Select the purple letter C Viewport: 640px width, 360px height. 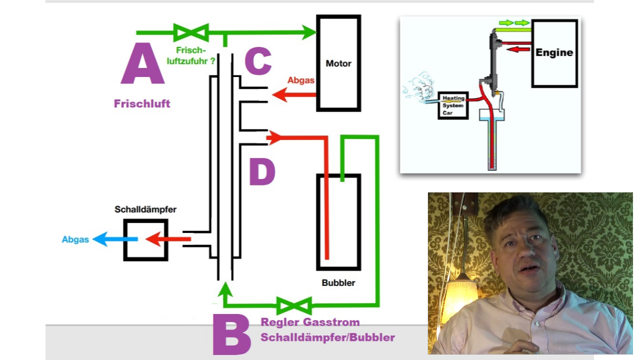(x=258, y=61)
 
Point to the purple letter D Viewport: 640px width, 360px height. (x=262, y=171)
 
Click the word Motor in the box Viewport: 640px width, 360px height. (x=338, y=63)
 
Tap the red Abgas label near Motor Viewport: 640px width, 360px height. (x=300, y=80)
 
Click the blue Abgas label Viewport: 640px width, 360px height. (x=75, y=239)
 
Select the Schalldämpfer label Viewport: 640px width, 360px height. (x=145, y=209)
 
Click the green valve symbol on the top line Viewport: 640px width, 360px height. (x=190, y=32)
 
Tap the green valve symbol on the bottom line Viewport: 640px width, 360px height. (x=294, y=305)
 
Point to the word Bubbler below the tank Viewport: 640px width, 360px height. (x=338, y=283)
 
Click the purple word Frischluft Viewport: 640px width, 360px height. (x=142, y=104)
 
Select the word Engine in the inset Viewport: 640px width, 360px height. (x=554, y=52)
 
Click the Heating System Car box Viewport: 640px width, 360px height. (x=453, y=105)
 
